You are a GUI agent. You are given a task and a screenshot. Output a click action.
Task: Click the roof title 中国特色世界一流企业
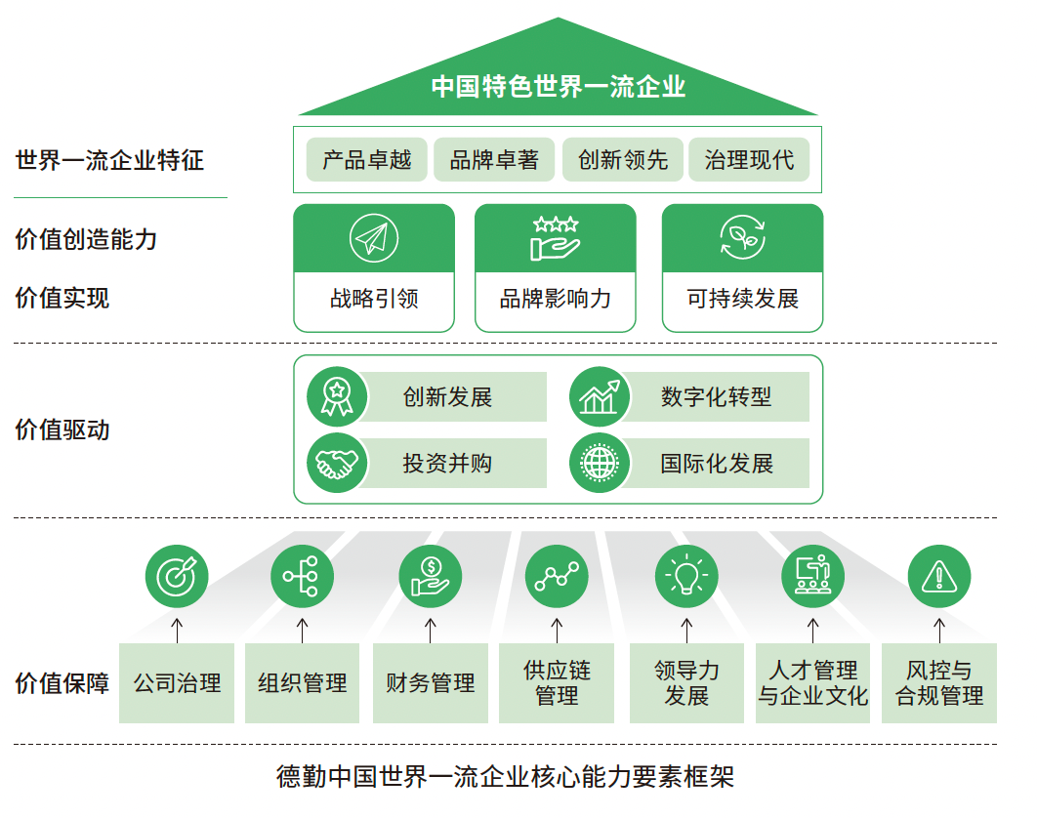click(559, 87)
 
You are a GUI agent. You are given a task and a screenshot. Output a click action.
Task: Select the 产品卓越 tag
click(367, 159)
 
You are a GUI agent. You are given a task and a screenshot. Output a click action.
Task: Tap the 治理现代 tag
click(749, 159)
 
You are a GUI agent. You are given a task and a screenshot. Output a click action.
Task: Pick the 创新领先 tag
click(623, 159)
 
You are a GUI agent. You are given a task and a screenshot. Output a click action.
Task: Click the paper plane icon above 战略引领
click(374, 238)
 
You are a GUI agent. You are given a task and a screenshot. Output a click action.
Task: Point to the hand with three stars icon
click(556, 238)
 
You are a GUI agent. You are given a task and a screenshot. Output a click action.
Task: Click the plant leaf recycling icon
click(743, 237)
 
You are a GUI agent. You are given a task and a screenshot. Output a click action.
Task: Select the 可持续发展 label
click(743, 299)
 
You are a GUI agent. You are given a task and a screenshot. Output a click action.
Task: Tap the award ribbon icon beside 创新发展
click(337, 396)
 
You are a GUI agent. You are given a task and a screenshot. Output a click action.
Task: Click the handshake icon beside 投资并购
click(337, 463)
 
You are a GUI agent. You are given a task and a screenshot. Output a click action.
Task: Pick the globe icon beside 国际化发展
click(600, 463)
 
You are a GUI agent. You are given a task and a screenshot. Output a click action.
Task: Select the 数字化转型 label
click(717, 396)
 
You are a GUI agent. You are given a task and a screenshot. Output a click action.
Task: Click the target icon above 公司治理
click(177, 576)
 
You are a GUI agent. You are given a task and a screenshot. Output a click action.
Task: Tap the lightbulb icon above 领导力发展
click(686, 576)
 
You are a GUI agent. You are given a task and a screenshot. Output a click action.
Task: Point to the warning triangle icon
click(939, 576)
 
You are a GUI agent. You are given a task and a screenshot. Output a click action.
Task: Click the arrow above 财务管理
click(431, 631)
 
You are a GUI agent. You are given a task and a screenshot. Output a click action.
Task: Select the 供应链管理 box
click(557, 683)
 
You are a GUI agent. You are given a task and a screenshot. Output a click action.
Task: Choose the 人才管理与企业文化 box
click(812, 683)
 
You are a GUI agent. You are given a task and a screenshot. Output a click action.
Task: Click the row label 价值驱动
click(62, 429)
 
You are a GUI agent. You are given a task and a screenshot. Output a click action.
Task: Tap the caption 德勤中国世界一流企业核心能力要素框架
click(505, 776)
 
